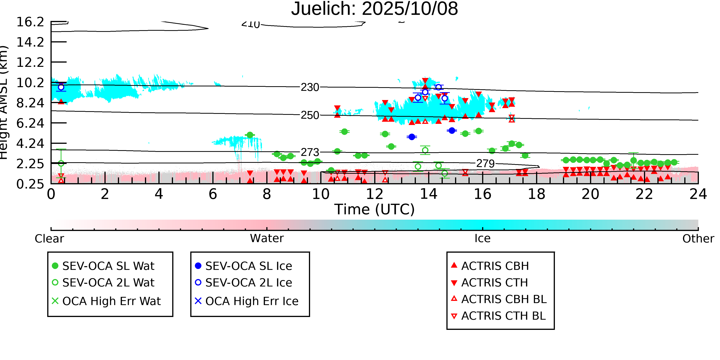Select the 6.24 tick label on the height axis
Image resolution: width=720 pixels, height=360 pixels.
pyautogui.click(x=30, y=123)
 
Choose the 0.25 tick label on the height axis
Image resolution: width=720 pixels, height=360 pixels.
pyautogui.click(x=30, y=184)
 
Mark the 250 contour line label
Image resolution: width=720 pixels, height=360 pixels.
pyautogui.click(x=310, y=115)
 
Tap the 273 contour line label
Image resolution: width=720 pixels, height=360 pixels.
pyautogui.click(x=310, y=152)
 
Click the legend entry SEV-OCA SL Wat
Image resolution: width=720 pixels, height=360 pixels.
pyautogui.click(x=108, y=266)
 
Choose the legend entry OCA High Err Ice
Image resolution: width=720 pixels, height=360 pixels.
pyautogui.click(x=252, y=301)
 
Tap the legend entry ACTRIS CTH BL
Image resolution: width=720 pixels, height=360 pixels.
pyautogui.click(x=503, y=316)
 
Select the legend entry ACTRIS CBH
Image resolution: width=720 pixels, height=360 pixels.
pyautogui.click(x=495, y=266)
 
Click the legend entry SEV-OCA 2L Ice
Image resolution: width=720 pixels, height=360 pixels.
pyautogui.click(x=248, y=283)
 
